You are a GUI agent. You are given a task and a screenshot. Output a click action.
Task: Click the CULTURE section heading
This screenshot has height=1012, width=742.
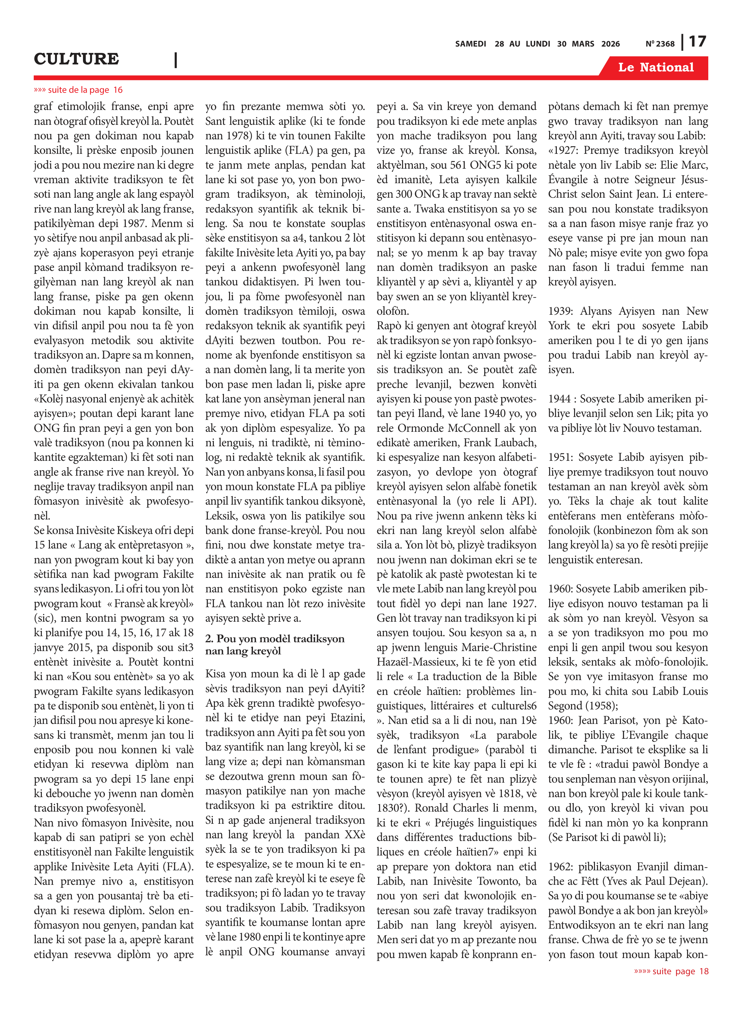click(76, 59)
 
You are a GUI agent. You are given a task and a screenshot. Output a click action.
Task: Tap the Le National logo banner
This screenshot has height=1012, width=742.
click(655, 67)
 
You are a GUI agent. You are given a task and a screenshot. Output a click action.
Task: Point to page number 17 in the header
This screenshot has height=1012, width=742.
click(697, 42)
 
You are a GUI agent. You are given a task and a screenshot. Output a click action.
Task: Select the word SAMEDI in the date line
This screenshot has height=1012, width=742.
click(470, 44)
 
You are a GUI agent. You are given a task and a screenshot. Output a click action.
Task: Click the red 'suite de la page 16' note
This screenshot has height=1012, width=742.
click(78, 90)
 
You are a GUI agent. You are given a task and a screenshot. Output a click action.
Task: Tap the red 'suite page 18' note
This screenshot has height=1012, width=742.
click(671, 971)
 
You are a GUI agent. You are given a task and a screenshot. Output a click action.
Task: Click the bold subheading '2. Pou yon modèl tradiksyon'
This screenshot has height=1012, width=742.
click(275, 638)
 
